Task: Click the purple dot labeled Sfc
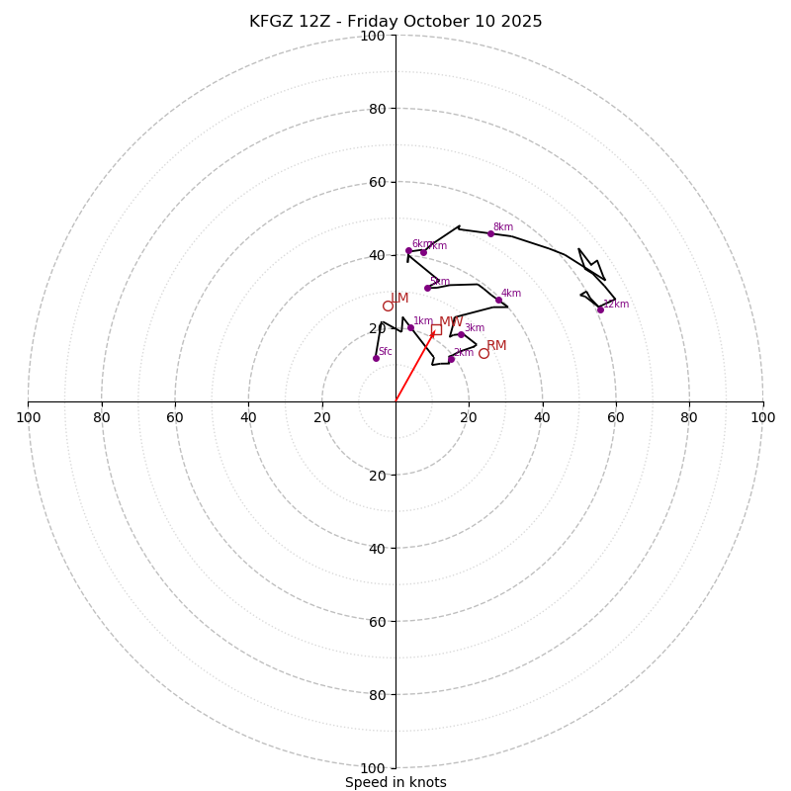coord(376,358)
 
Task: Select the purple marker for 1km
coord(410,327)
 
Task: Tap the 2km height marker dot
coord(451,359)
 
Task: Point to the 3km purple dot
coord(461,334)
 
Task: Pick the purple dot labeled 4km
coord(498,300)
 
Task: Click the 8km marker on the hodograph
coord(490,233)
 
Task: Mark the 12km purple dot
coord(600,309)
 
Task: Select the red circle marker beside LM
coord(388,306)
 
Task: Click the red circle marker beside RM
coord(483,353)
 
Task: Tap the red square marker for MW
coord(436,329)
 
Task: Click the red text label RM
coord(496,346)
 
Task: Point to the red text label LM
coord(399,299)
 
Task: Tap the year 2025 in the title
coord(520,22)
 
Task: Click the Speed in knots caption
coord(395,782)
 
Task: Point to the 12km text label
coord(616,305)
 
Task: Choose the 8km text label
coord(503,227)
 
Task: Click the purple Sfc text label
coord(386,352)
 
